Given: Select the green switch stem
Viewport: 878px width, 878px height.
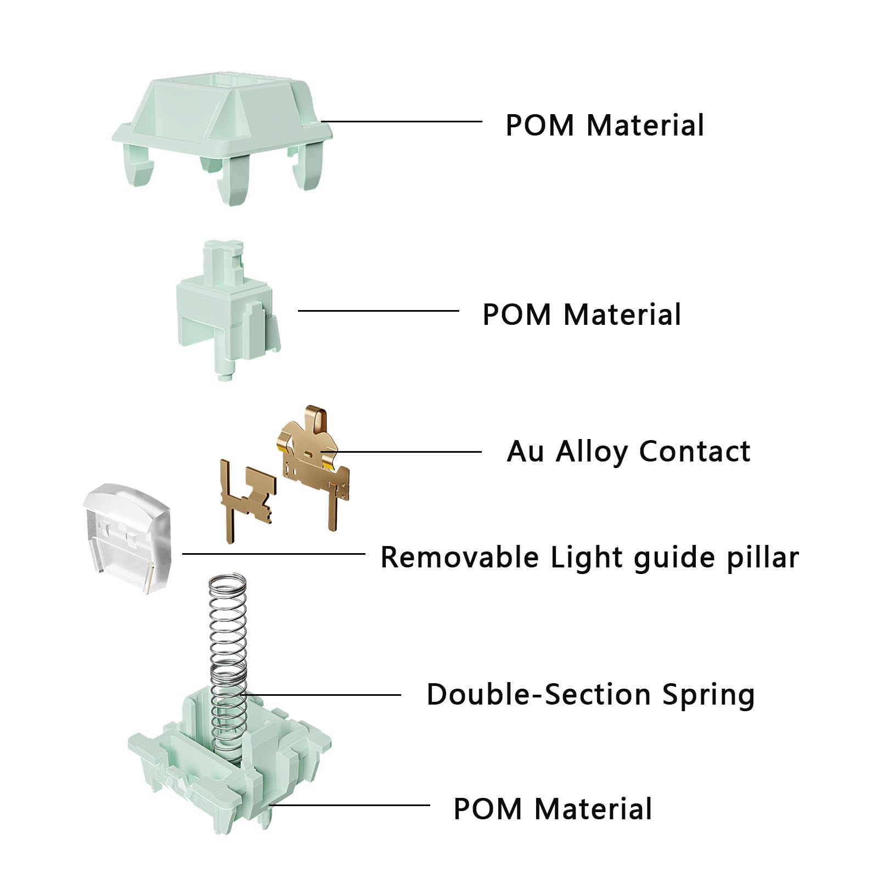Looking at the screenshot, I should pyautogui.click(x=225, y=313).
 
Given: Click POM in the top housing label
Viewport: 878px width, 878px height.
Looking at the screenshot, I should pyautogui.click(x=539, y=125).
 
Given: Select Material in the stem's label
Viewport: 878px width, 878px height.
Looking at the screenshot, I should pyautogui.click(x=622, y=314).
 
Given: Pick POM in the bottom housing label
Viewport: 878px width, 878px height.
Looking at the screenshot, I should pyautogui.click(x=488, y=809).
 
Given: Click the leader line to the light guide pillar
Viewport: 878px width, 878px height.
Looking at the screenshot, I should pyautogui.click(x=274, y=554).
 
